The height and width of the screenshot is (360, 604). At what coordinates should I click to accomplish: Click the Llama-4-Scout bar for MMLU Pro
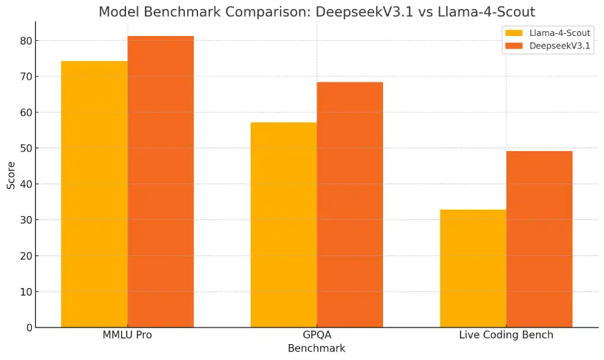94,194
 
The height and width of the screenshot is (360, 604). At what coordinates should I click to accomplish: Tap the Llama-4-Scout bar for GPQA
283,224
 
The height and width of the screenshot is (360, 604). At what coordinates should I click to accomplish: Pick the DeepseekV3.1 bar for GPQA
350,204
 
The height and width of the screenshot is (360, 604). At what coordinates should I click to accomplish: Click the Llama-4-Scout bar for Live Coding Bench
473,268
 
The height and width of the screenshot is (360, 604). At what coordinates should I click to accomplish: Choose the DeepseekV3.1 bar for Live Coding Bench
540,239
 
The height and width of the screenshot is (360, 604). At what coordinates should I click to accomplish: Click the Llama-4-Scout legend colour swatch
514,33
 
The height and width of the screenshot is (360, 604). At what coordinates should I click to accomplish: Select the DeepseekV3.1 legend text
560,46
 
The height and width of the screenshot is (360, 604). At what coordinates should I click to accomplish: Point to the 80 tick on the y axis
25,41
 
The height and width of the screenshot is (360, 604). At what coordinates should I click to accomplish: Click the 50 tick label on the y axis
25,148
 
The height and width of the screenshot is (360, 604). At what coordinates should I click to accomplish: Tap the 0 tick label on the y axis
28,327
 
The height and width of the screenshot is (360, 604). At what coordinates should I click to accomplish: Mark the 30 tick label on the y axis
25,220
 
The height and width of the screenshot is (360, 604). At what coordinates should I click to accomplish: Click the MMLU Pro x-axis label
127,335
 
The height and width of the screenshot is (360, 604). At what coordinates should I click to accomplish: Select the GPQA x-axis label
317,335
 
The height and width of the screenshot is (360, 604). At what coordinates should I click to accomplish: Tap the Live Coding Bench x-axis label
506,335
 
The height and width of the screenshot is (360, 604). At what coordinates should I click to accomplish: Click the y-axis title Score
11,174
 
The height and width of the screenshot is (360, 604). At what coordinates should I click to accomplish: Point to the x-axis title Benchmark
317,348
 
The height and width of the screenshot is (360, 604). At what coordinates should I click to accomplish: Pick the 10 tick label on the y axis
25,291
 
